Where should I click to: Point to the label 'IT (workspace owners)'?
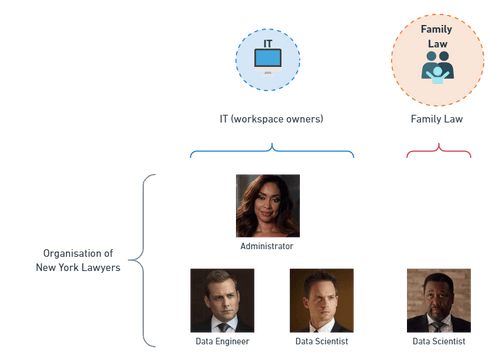[271, 119]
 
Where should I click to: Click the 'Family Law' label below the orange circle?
[436, 119]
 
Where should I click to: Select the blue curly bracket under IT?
[272, 152]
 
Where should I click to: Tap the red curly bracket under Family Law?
[436, 152]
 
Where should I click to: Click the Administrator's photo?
[267, 205]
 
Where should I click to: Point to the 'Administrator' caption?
[267, 245]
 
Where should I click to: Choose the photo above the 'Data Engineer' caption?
[222, 300]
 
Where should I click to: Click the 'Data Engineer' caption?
[222, 341]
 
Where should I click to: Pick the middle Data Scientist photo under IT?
[322, 300]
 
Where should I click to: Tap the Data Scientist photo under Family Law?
[438, 300]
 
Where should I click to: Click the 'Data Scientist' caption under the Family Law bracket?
[438, 341]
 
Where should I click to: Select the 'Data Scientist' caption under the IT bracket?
[322, 341]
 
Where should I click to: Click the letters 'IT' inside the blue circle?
[267, 45]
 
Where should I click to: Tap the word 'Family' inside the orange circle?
[436, 30]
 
